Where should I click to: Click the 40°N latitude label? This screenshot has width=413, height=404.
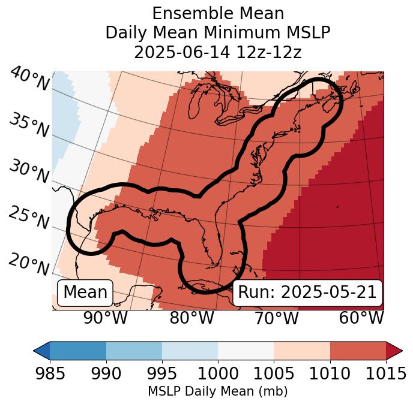point(29,80)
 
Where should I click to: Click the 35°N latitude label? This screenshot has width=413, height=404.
point(28,125)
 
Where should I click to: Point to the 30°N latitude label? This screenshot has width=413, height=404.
point(28,172)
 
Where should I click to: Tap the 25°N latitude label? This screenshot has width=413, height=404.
point(28,218)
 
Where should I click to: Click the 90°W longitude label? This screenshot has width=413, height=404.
point(105,318)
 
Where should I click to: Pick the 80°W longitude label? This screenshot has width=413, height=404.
point(191,318)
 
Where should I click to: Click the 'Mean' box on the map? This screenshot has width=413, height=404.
point(85,293)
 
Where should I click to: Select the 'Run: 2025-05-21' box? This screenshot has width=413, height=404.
point(307,293)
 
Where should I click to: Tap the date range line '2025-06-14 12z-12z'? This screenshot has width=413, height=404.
point(218,52)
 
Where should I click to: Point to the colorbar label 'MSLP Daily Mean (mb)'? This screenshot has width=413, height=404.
point(218,391)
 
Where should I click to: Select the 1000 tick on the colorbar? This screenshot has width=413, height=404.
point(218,374)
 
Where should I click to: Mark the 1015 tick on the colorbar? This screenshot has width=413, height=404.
point(386,374)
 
